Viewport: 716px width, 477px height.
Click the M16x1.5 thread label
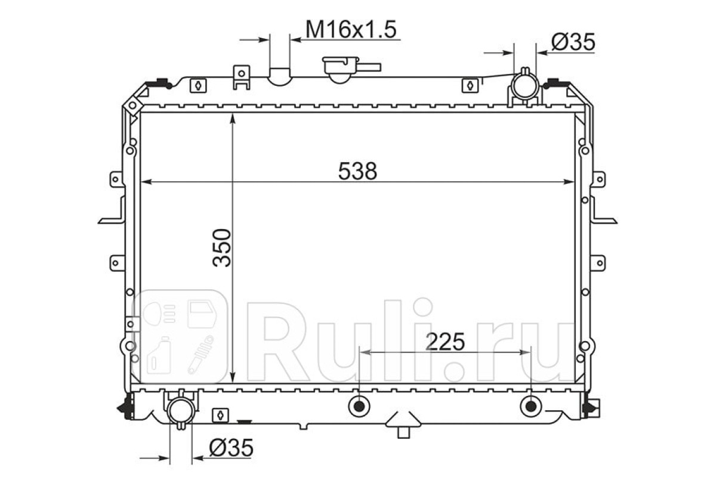coord(351,29)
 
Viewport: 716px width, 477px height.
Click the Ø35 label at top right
coord(573,42)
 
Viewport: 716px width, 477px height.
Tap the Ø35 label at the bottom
coord(231,448)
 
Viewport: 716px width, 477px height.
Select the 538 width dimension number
coord(357,171)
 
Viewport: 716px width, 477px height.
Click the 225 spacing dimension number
coord(445,342)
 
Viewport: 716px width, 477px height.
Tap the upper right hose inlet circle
coord(525,85)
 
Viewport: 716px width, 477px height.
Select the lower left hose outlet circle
coord(181,411)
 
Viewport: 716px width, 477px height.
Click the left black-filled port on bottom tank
coord(359,407)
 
